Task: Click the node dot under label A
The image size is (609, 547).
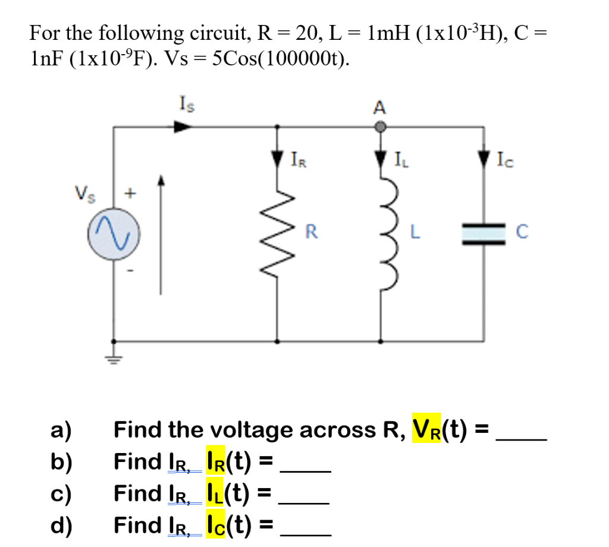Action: (x=381, y=126)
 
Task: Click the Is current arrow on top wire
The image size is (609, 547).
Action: (x=182, y=126)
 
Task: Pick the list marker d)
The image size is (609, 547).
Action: (x=62, y=525)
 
